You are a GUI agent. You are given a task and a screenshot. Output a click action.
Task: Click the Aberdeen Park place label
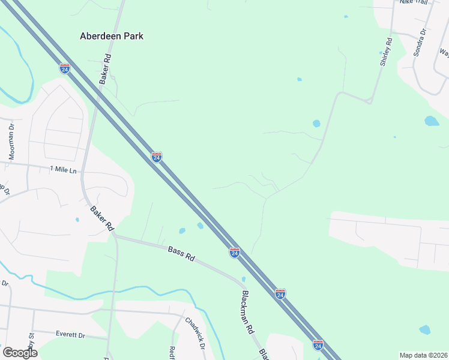click(x=112, y=36)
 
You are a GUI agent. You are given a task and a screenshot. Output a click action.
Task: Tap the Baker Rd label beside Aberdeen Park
click(x=106, y=69)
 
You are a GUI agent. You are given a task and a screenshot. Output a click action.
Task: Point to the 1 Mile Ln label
click(x=64, y=170)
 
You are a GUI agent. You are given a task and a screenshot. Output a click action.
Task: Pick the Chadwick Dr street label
click(x=196, y=334)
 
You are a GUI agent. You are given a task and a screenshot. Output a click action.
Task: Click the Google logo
click(x=19, y=352)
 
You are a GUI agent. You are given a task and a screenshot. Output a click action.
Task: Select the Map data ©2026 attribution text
click(x=423, y=355)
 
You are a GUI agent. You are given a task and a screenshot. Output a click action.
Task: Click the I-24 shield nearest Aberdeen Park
click(x=65, y=68)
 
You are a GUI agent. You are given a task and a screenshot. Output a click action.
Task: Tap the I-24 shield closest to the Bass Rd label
click(x=235, y=253)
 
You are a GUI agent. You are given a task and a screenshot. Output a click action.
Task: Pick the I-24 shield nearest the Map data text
click(x=318, y=345)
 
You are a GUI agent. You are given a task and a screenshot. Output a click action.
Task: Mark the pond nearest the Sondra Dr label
click(x=432, y=121)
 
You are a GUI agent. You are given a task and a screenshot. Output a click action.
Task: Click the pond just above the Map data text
click(x=424, y=329)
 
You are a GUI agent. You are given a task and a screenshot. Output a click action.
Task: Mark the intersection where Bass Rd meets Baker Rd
click(x=114, y=236)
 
